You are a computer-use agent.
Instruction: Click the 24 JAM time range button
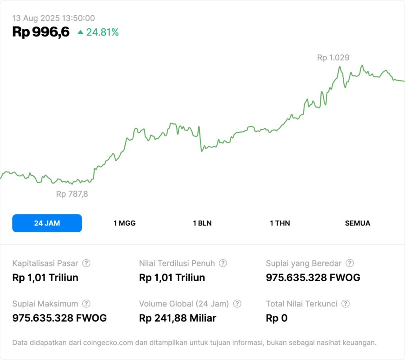(47, 223)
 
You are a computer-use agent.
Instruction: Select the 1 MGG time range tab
(124, 223)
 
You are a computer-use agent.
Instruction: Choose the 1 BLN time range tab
(202, 223)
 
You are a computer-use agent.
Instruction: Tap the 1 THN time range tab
(280, 223)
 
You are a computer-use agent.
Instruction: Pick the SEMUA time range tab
(358, 223)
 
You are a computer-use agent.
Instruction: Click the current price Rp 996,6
(41, 32)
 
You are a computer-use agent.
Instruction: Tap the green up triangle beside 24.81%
(81, 32)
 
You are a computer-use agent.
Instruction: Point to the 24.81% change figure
(102, 32)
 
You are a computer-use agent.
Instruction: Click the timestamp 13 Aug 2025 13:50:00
(54, 18)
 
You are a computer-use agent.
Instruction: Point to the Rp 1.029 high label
(333, 58)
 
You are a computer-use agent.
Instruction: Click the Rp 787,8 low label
(72, 194)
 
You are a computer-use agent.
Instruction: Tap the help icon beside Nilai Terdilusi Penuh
(223, 263)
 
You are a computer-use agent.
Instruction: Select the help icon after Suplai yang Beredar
(350, 263)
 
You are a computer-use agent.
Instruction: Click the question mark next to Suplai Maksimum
(86, 304)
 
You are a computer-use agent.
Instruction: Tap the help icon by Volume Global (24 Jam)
(237, 304)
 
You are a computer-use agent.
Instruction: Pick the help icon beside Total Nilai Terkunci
(346, 304)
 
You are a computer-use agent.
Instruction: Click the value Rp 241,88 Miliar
(178, 318)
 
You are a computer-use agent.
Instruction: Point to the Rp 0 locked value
(277, 318)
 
